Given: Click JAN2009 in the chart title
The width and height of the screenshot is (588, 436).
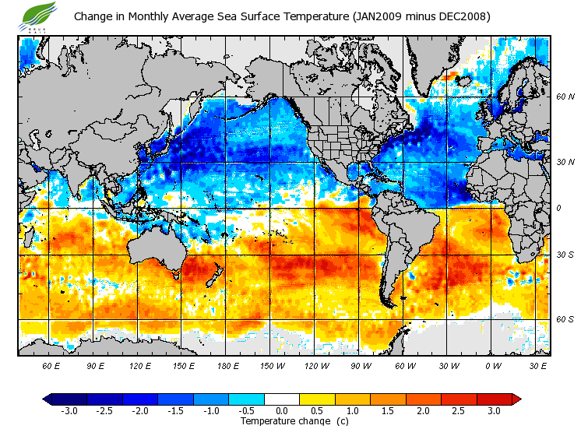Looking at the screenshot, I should [x=377, y=16].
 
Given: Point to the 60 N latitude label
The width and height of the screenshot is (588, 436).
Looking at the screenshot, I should [x=565, y=97].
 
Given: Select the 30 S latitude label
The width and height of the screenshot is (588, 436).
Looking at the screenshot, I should [x=565, y=255].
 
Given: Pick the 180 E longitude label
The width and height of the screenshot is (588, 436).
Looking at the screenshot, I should [x=228, y=365].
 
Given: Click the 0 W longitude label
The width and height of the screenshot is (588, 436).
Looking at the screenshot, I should [x=493, y=365].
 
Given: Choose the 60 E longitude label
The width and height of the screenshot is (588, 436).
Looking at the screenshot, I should [x=51, y=365].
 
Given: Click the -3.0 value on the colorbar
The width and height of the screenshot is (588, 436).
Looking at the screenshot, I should [x=69, y=410].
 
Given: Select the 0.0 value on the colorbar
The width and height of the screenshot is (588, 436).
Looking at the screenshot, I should [x=282, y=410].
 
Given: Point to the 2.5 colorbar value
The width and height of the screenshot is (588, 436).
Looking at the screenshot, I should [x=459, y=410].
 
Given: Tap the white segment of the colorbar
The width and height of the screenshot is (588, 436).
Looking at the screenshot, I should [x=282, y=399].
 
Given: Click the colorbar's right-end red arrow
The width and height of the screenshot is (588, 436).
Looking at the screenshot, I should [x=516, y=399].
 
